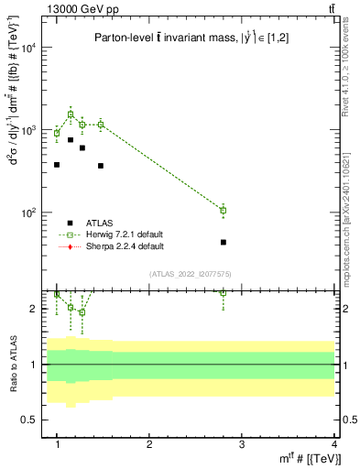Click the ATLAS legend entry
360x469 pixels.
click(101, 223)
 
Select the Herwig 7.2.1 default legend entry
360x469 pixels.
click(125, 234)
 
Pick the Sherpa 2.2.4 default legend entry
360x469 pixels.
click(125, 246)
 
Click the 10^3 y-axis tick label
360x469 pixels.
click(32, 130)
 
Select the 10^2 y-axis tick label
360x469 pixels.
click(32, 213)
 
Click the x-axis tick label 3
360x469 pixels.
click(242, 443)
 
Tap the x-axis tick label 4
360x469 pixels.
click(333, 443)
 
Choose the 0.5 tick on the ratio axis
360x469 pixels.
click(33, 420)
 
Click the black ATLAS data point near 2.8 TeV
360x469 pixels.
click(224, 242)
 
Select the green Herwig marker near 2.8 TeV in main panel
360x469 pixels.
click(224, 211)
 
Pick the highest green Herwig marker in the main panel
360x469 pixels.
click(71, 115)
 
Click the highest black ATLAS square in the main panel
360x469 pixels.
click(71, 139)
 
